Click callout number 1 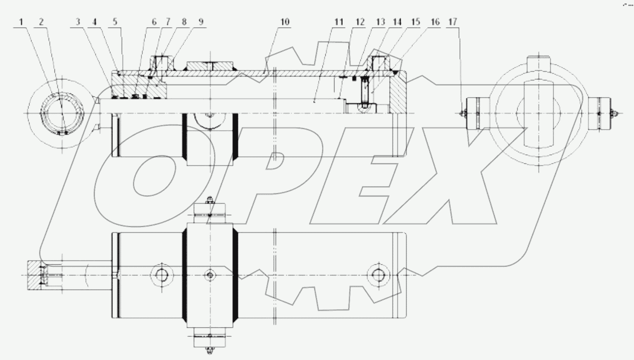21,22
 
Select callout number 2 41,22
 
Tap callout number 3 78,22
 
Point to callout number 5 115,22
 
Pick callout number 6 154,22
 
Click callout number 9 201,22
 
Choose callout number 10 285,22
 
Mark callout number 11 339,22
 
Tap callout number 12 360,22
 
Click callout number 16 435,22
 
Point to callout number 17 453,22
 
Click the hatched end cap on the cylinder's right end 398,95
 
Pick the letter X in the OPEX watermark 436,178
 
